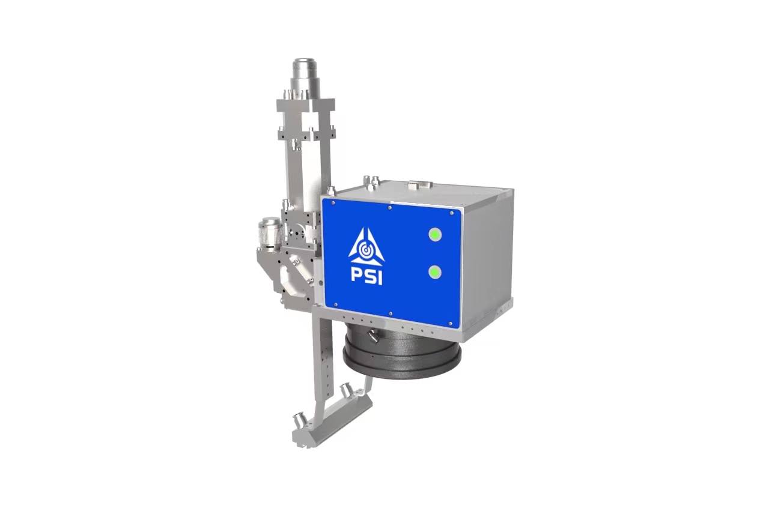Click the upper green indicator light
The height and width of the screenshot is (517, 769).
(x=435, y=235)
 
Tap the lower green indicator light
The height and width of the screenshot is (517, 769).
(x=435, y=273)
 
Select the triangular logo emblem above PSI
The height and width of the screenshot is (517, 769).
(x=366, y=247)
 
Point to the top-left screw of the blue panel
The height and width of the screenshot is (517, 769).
(x=333, y=203)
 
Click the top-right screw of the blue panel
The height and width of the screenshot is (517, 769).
(x=452, y=213)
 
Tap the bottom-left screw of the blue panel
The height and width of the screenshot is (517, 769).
(x=336, y=304)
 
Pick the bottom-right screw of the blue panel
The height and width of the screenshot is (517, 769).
(x=451, y=324)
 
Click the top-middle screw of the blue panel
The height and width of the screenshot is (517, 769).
(x=389, y=208)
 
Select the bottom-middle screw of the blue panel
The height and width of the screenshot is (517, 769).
(x=391, y=313)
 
